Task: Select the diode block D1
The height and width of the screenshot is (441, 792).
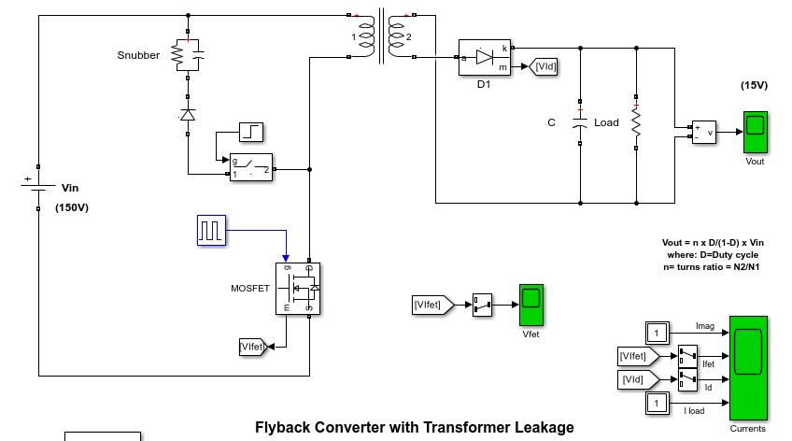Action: pyautogui.click(x=484, y=57)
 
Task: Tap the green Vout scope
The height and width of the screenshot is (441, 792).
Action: pyautogui.click(x=755, y=132)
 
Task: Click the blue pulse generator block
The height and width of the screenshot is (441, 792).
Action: pyautogui.click(x=211, y=230)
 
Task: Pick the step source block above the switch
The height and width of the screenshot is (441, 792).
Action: pyautogui.click(x=252, y=132)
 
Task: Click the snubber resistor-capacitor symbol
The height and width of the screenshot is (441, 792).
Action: pyautogui.click(x=188, y=55)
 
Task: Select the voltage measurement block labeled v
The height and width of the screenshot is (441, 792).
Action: pyautogui.click(x=703, y=132)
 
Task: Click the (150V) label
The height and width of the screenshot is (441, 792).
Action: pyautogui.click(x=72, y=207)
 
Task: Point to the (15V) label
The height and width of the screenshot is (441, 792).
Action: pyautogui.click(x=754, y=85)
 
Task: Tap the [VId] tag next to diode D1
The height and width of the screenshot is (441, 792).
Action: pyautogui.click(x=544, y=65)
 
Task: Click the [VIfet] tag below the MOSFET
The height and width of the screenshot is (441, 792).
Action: pyautogui.click(x=252, y=347)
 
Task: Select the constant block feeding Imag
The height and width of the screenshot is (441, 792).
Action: pyautogui.click(x=657, y=332)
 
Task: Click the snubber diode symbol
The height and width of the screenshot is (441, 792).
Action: pyautogui.click(x=188, y=115)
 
